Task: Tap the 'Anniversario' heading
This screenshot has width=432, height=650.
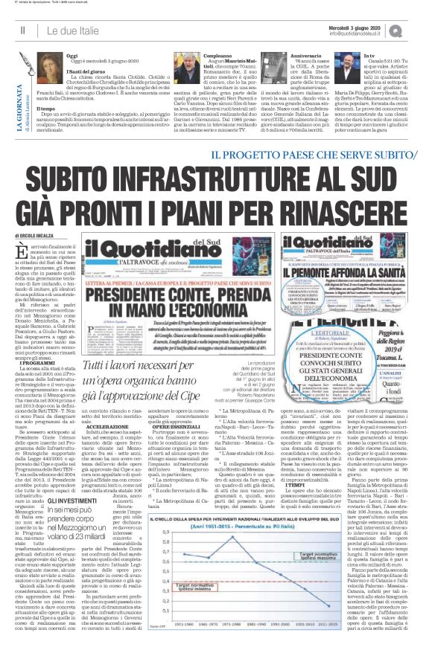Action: tap(309, 56)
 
